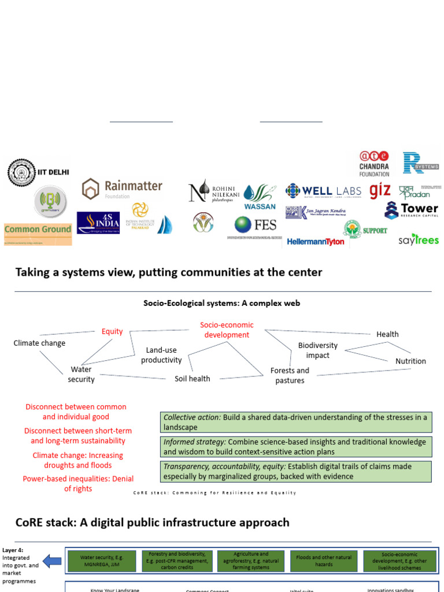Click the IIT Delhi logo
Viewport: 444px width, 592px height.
38,172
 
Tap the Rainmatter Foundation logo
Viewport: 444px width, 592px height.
122,188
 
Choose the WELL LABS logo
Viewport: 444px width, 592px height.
323,191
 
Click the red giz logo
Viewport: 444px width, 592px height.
380,190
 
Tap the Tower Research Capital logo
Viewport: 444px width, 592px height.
412,210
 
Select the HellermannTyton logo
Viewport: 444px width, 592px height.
315,241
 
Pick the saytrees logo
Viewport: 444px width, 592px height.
419,239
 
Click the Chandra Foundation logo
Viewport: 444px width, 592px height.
374,164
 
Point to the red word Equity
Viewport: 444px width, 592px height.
112,331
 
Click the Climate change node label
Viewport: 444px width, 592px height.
39,343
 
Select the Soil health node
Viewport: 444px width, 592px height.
193,379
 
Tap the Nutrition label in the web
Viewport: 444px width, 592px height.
410,361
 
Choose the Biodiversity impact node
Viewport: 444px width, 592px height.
317,350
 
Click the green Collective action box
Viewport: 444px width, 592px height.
295,422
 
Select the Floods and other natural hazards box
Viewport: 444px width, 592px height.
323,561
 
